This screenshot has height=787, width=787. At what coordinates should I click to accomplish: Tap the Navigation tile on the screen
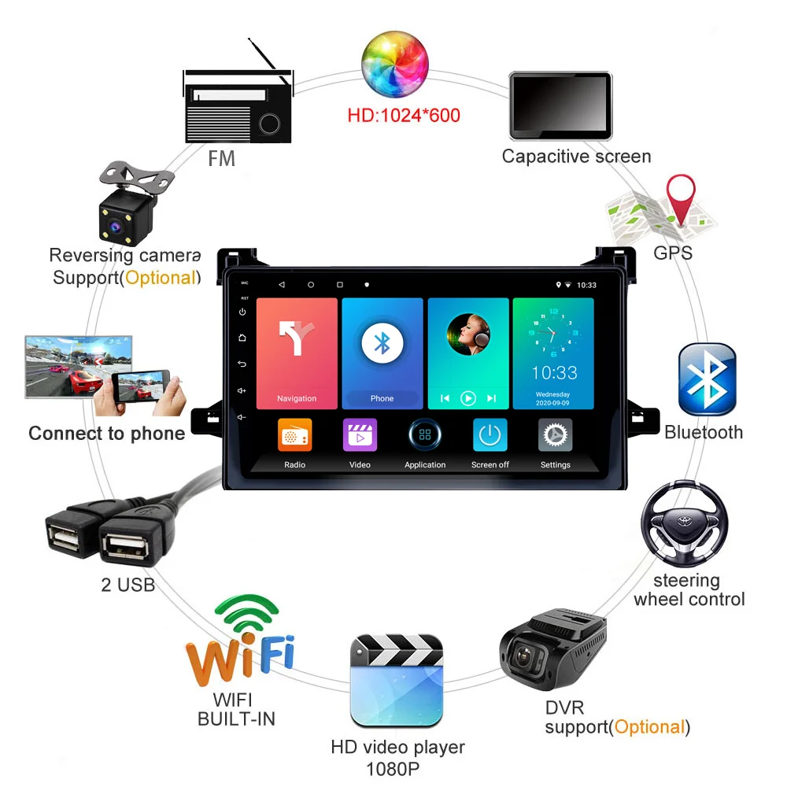click(297, 353)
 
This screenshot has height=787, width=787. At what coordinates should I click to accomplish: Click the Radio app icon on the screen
click(295, 435)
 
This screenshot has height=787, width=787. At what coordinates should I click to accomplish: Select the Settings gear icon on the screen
click(555, 435)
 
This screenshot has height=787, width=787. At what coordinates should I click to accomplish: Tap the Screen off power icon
click(490, 435)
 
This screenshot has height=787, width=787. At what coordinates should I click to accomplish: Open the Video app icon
click(360, 435)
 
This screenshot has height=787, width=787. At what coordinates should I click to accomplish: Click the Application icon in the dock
click(425, 435)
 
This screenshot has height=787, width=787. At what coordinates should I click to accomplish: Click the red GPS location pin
click(681, 199)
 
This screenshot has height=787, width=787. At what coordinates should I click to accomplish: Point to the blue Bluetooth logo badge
click(707, 379)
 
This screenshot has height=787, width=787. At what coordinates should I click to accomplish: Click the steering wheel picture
click(683, 523)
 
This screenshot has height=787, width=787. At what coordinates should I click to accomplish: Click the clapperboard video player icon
click(397, 682)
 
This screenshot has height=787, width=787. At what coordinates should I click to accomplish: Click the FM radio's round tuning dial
click(270, 123)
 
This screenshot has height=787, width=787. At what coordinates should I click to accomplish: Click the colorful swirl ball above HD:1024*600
click(396, 61)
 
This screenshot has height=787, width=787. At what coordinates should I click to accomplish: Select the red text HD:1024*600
click(404, 116)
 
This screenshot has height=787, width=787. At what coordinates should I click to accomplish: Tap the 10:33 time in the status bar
click(586, 285)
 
